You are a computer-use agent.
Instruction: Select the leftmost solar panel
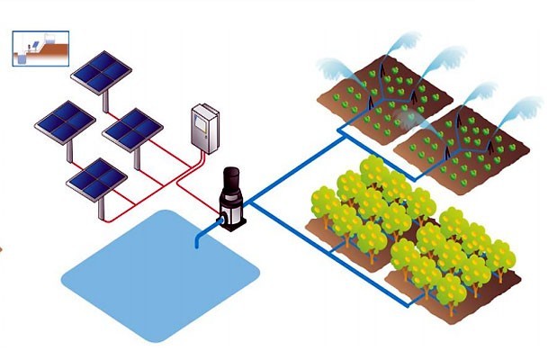[65, 121]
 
